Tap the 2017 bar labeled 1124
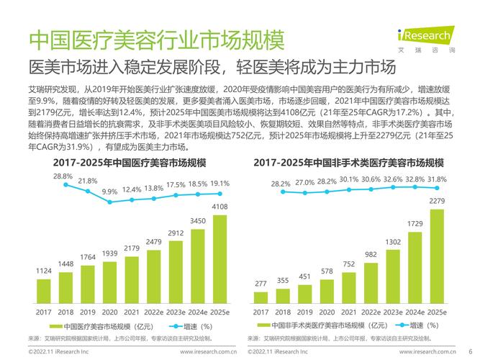pyautogui.click(x=44, y=292)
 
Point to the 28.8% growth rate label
pyautogui.click(x=63, y=176)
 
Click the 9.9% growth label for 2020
pyautogui.click(x=109, y=192)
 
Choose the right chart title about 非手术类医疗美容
pyautogui.click(x=348, y=162)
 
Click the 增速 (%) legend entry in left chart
pyautogui.click(x=189, y=326)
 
